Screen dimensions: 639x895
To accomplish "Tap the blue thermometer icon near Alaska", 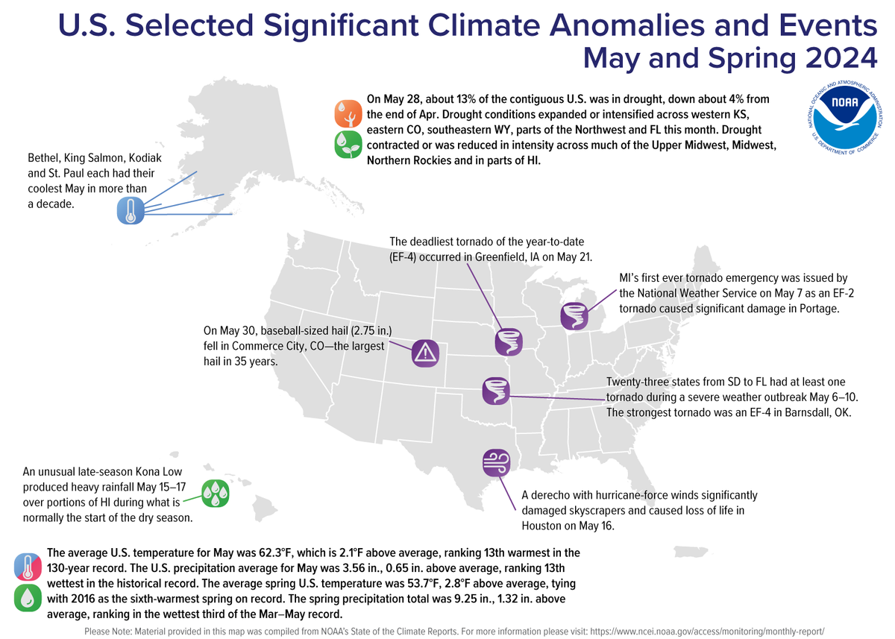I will click(x=131, y=211).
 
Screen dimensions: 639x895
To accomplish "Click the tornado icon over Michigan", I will click(x=575, y=315).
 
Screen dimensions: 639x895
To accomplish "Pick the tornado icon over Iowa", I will click(x=509, y=341).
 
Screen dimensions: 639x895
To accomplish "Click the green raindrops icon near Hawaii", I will click(x=215, y=494).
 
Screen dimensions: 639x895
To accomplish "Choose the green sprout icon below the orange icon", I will click(x=348, y=145).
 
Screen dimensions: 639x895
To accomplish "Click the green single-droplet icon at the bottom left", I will click(x=28, y=599).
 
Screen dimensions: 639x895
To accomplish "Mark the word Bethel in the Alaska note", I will click(x=43, y=159).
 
